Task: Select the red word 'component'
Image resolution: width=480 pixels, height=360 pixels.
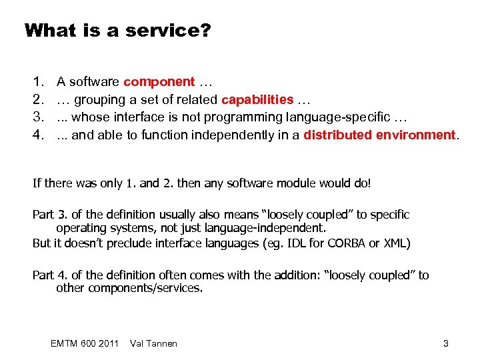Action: click(x=159, y=82)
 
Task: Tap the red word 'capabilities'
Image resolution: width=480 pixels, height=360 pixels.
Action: click(x=257, y=100)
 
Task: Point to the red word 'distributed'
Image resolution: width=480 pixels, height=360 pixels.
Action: click(x=336, y=135)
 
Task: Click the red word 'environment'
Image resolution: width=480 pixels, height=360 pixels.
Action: click(x=415, y=135)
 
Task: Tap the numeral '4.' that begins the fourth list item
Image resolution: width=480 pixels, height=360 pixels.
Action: click(x=39, y=135)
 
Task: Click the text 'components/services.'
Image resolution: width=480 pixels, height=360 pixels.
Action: click(x=129, y=288)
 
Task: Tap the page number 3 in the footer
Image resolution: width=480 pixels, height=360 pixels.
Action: click(x=445, y=343)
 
